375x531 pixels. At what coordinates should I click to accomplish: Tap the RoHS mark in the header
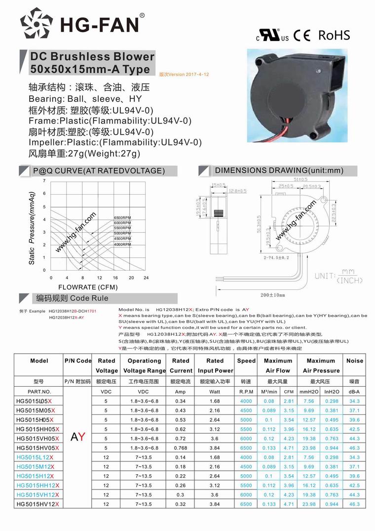tap(334, 35)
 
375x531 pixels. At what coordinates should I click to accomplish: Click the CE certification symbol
tap(302, 36)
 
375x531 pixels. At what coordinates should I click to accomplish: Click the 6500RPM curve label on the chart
tap(122, 218)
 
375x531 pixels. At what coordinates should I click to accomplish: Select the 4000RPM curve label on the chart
tap(122, 245)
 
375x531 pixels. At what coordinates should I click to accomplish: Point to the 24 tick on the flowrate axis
tap(146, 278)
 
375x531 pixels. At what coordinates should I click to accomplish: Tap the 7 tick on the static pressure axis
tap(44, 181)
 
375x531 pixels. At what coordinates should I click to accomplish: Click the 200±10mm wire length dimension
tap(272, 295)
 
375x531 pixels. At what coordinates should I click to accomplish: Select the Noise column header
tap(354, 361)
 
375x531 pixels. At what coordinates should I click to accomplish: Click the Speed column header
tap(246, 361)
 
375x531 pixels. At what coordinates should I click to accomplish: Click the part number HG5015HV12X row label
tap(37, 504)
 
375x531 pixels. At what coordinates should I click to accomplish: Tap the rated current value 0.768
tap(181, 448)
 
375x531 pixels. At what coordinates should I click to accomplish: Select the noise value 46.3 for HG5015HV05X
tap(354, 448)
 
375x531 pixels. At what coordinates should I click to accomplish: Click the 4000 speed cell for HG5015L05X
tap(246, 401)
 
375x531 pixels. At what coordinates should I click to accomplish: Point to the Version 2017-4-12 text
tap(184, 74)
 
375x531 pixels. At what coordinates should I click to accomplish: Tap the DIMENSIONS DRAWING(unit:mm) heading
tap(279, 170)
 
